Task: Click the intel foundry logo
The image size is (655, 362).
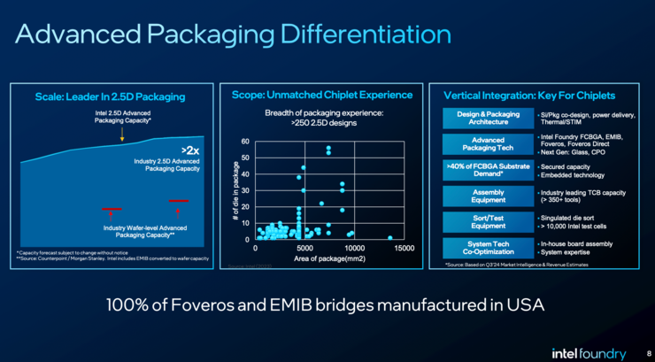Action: pyautogui.click(x=589, y=350)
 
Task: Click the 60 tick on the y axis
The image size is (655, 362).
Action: pyautogui.click(x=245, y=142)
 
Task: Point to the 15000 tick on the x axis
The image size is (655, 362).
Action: pyautogui.click(x=403, y=249)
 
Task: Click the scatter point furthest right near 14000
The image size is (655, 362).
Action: pyautogui.click(x=390, y=237)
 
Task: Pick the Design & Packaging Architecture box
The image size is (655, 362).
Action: pyautogui.click(x=488, y=118)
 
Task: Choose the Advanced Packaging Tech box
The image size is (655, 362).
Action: pyautogui.click(x=488, y=142)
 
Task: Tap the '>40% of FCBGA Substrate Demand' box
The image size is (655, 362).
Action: pyautogui.click(x=488, y=170)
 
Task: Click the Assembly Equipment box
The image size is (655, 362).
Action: pyautogui.click(x=488, y=196)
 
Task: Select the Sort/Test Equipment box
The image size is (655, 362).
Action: pyautogui.click(x=488, y=221)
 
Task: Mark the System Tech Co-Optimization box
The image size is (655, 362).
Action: pyautogui.click(x=488, y=247)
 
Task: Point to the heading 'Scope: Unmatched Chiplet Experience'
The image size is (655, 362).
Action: pyautogui.click(x=321, y=95)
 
